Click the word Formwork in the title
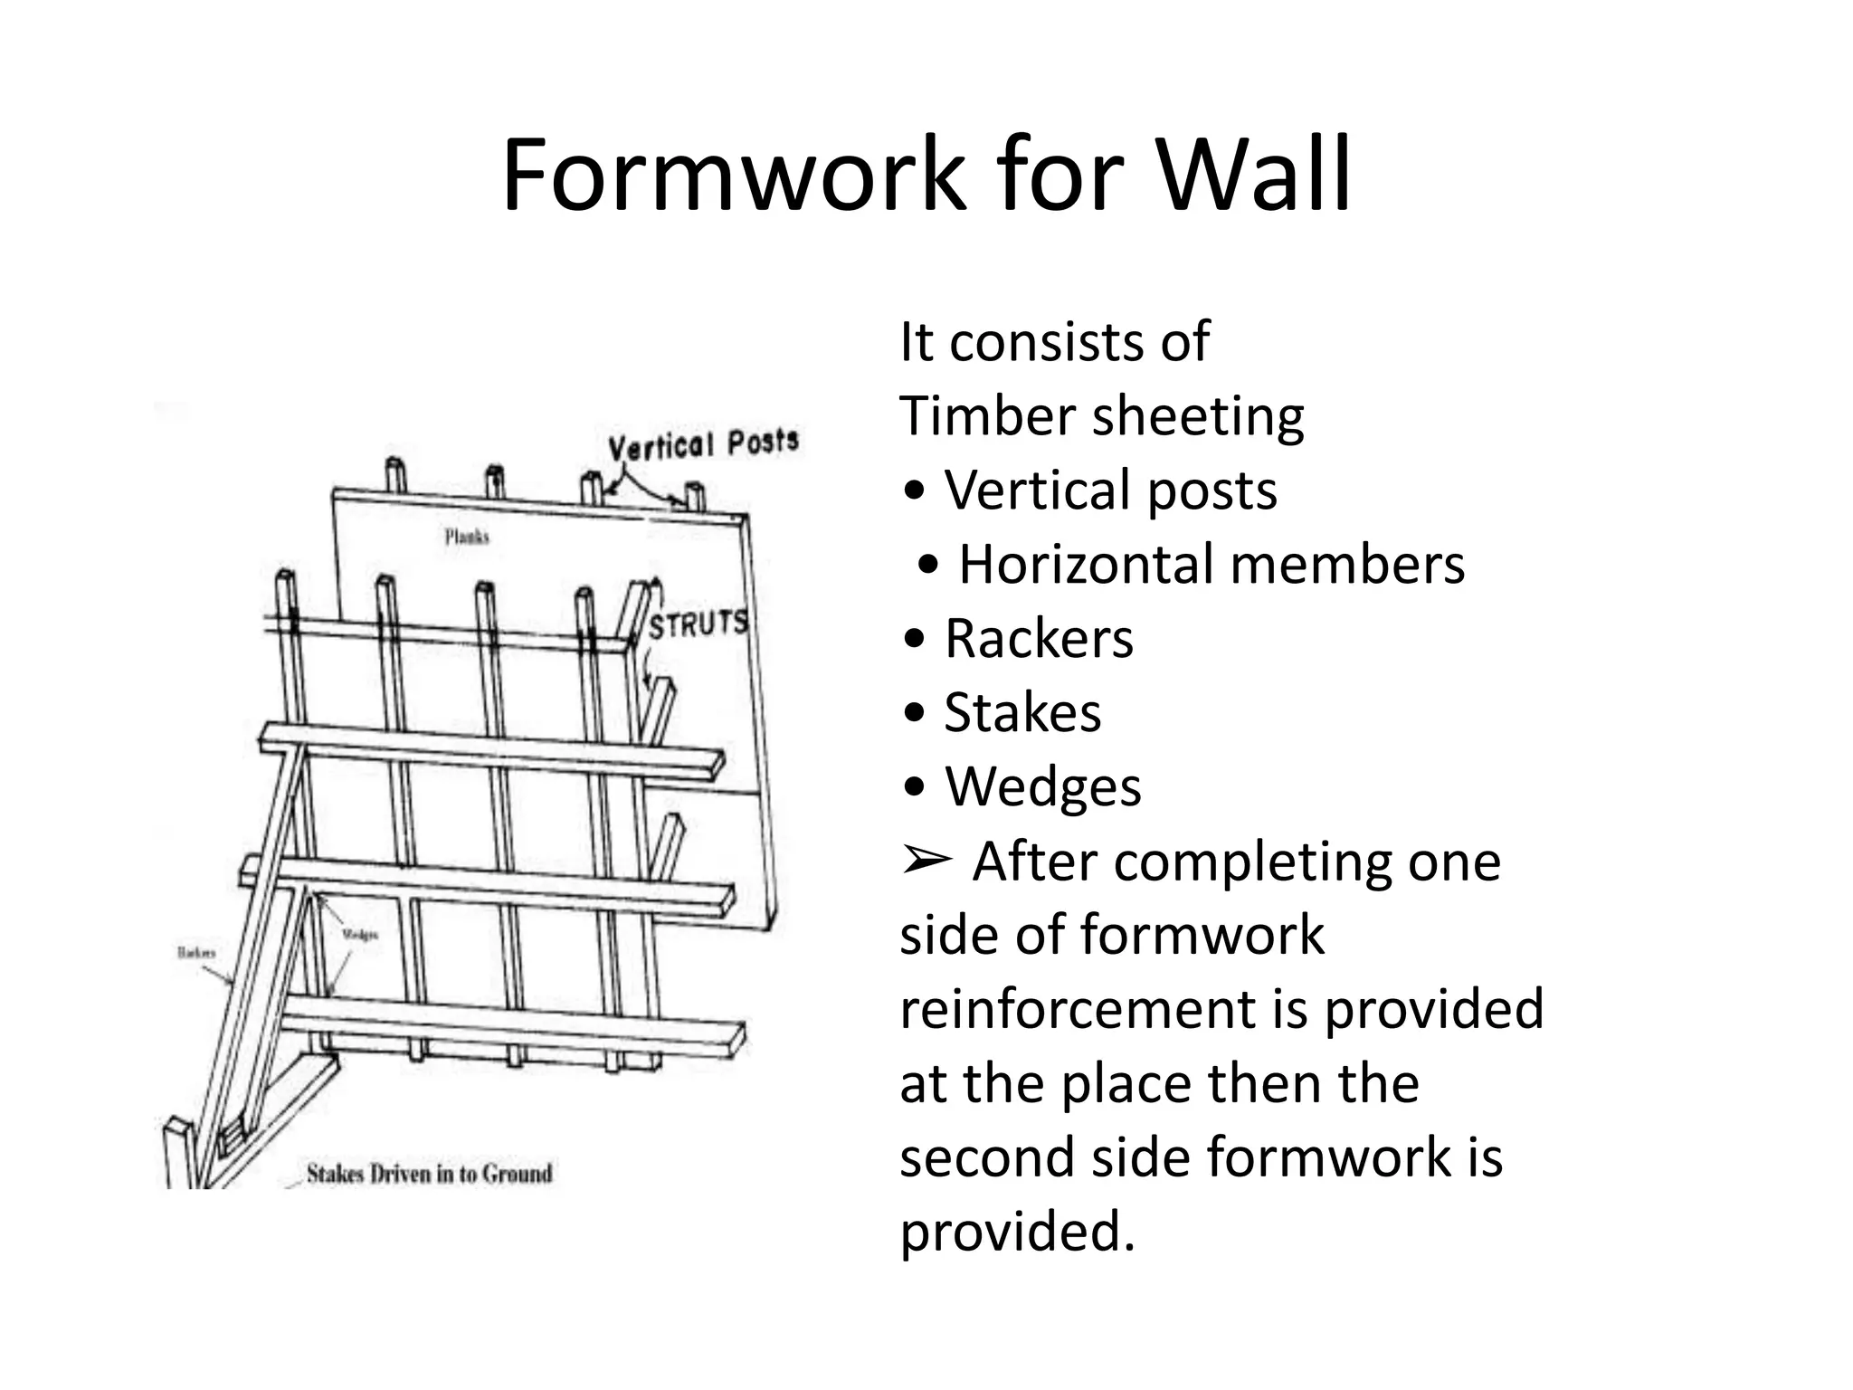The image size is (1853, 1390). (736, 176)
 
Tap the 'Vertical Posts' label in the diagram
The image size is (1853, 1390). (703, 444)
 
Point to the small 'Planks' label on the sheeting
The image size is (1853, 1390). (467, 537)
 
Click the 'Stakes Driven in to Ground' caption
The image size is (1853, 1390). (429, 1174)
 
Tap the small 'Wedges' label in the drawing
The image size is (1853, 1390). (359, 935)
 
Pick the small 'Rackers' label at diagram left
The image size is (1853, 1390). (196, 953)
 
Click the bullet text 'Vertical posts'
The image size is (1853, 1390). (1110, 490)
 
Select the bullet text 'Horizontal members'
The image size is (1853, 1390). (1211, 565)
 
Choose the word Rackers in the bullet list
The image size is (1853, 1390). (1038, 639)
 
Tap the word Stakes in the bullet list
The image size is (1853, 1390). (1022, 713)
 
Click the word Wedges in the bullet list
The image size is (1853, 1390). (1042, 787)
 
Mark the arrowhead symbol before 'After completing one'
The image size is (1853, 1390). (926, 860)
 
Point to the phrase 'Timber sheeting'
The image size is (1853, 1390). (1101, 416)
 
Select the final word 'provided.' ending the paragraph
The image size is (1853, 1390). (1017, 1233)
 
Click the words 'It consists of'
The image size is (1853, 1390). (1053, 342)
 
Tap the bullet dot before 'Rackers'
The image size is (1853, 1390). (915, 640)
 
